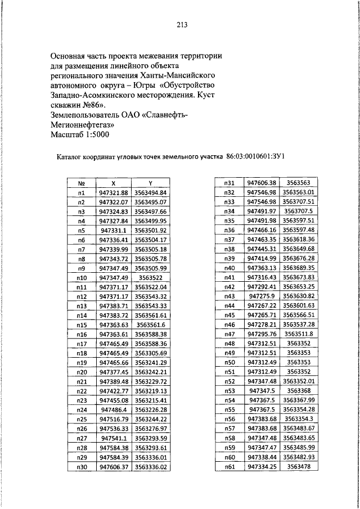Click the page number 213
tap(181, 25)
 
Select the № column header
tap(82, 183)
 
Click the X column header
tap(114, 183)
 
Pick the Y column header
tap(151, 183)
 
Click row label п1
tap(82, 192)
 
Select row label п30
tap(82, 467)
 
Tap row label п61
tap(229, 467)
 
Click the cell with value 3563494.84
tap(151, 192)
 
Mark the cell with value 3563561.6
tap(151, 325)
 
